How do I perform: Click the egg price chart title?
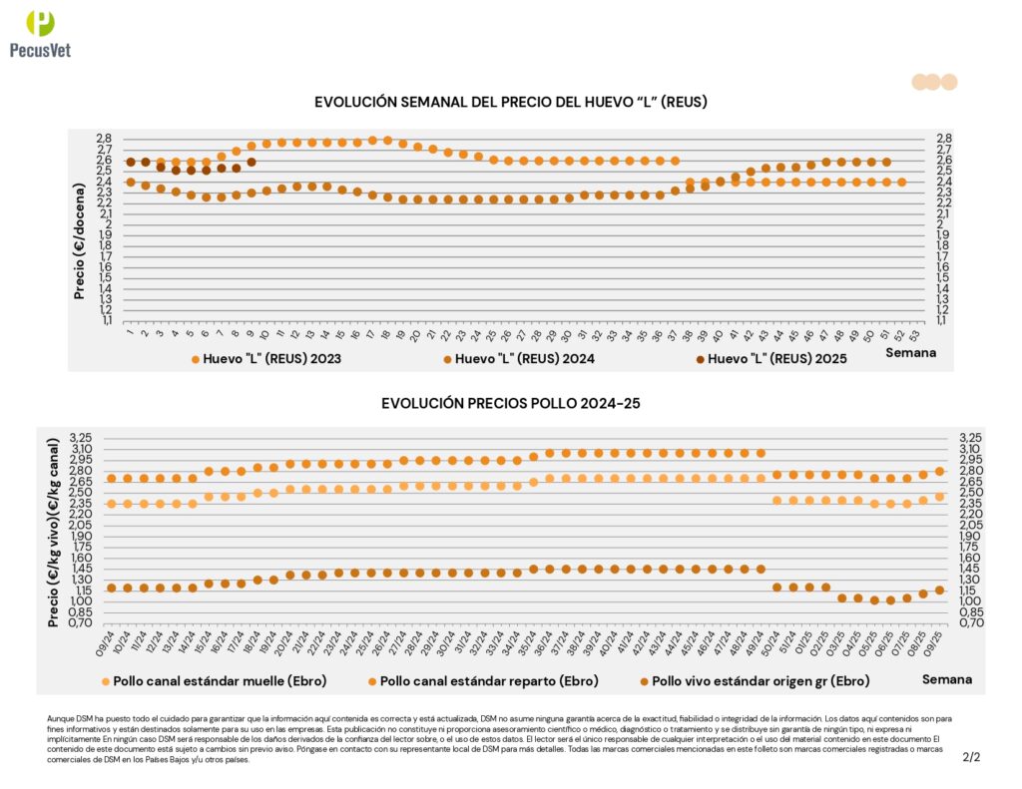(x=511, y=102)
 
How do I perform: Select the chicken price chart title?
(x=510, y=403)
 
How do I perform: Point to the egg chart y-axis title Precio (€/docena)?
(x=80, y=229)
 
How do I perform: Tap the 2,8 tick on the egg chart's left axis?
(x=104, y=139)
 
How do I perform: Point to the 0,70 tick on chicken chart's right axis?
(x=971, y=622)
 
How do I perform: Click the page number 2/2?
(x=971, y=757)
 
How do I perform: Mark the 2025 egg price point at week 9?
(x=252, y=162)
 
